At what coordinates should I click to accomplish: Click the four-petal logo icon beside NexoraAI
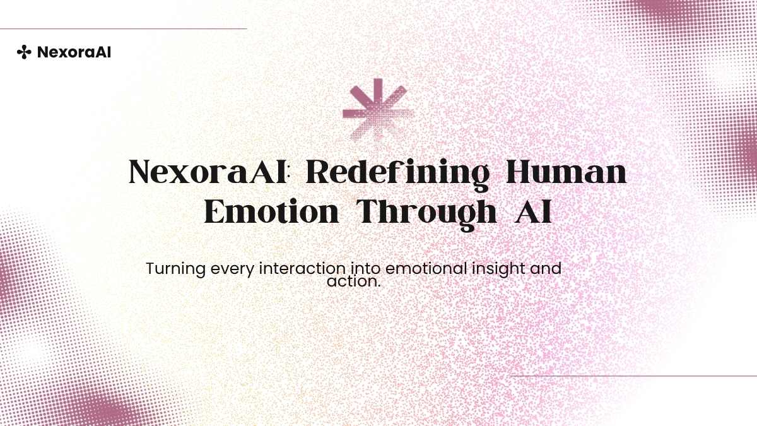pos(24,52)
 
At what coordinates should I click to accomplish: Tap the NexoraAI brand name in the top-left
pos(74,52)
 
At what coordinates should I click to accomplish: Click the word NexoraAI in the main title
pos(208,172)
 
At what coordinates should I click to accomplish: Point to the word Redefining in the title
pos(397,175)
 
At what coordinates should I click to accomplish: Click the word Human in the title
pos(566,172)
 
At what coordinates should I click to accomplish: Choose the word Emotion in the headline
pos(271,211)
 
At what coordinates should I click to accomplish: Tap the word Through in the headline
pos(427,215)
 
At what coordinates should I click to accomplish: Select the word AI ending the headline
pos(533,211)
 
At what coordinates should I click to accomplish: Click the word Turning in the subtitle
pos(176,269)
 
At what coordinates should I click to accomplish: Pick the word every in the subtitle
pos(233,270)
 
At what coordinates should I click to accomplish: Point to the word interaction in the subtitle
pos(302,269)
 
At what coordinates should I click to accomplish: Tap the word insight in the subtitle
pos(498,270)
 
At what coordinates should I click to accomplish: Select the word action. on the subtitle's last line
pos(353,281)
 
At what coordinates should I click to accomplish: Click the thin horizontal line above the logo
pos(124,29)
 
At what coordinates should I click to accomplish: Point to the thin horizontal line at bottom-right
pos(633,376)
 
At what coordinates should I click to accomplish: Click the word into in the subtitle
pos(365,269)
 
